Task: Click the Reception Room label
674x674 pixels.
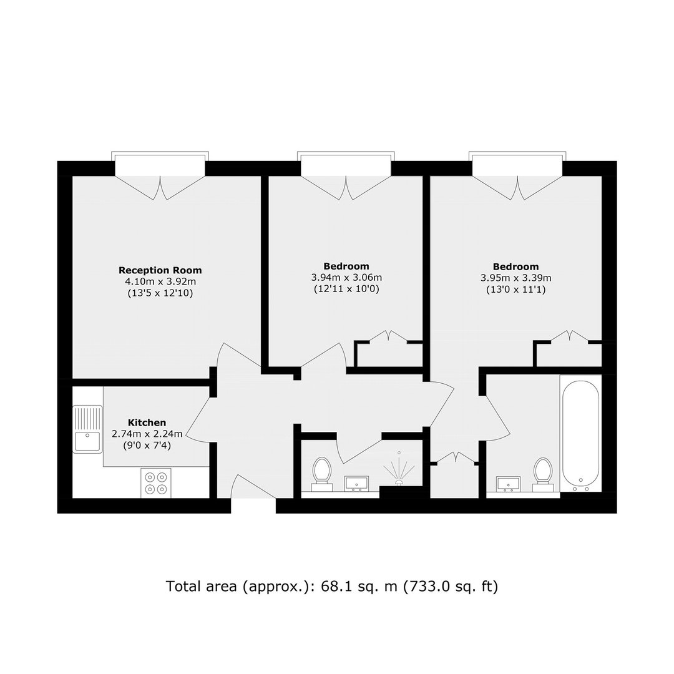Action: tap(160, 270)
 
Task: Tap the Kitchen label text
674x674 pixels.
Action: tap(147, 422)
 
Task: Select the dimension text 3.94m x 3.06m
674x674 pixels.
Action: tap(346, 278)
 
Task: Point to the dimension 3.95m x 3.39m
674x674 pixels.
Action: tap(516, 278)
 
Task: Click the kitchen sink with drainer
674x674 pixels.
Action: tap(88, 429)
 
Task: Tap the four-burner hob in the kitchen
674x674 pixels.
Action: tap(156, 482)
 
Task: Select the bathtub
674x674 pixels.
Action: tap(580, 433)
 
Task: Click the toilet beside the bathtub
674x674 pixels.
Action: tap(542, 474)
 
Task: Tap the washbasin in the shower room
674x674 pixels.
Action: tap(356, 483)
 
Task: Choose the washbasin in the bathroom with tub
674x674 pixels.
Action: tap(508, 484)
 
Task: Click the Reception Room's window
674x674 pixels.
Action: tap(160, 164)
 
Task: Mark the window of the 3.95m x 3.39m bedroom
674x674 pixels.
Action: tap(517, 164)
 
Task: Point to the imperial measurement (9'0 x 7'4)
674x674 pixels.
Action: tap(147, 446)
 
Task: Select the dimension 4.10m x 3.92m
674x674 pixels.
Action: tap(160, 282)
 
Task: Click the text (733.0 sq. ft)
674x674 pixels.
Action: tap(451, 587)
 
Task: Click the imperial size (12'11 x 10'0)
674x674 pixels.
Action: tap(346, 289)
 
